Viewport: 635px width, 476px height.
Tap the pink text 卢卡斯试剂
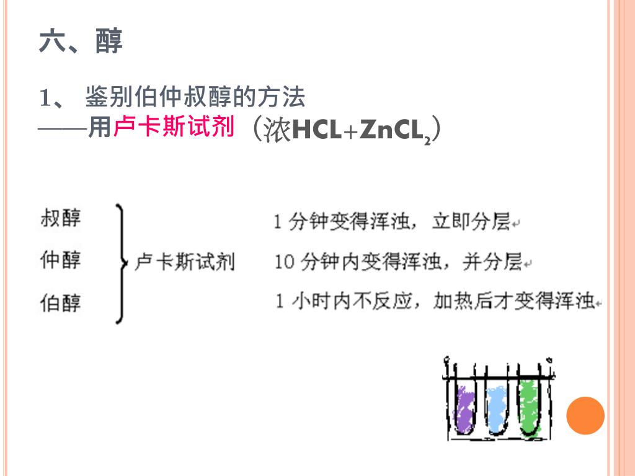point(174,127)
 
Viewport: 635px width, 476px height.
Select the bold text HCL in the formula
point(316,130)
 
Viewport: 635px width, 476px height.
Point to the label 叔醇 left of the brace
point(60,218)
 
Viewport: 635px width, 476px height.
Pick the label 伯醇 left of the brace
point(60,303)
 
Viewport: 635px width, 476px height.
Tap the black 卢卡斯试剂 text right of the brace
point(185,262)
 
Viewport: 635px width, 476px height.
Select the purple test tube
point(463,408)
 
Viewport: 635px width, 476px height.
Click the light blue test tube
point(496,408)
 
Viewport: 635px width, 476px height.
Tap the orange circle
point(585,415)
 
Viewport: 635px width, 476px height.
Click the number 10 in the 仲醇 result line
point(284,263)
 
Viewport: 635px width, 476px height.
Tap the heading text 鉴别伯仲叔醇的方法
point(195,98)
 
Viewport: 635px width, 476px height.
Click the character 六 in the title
point(52,42)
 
